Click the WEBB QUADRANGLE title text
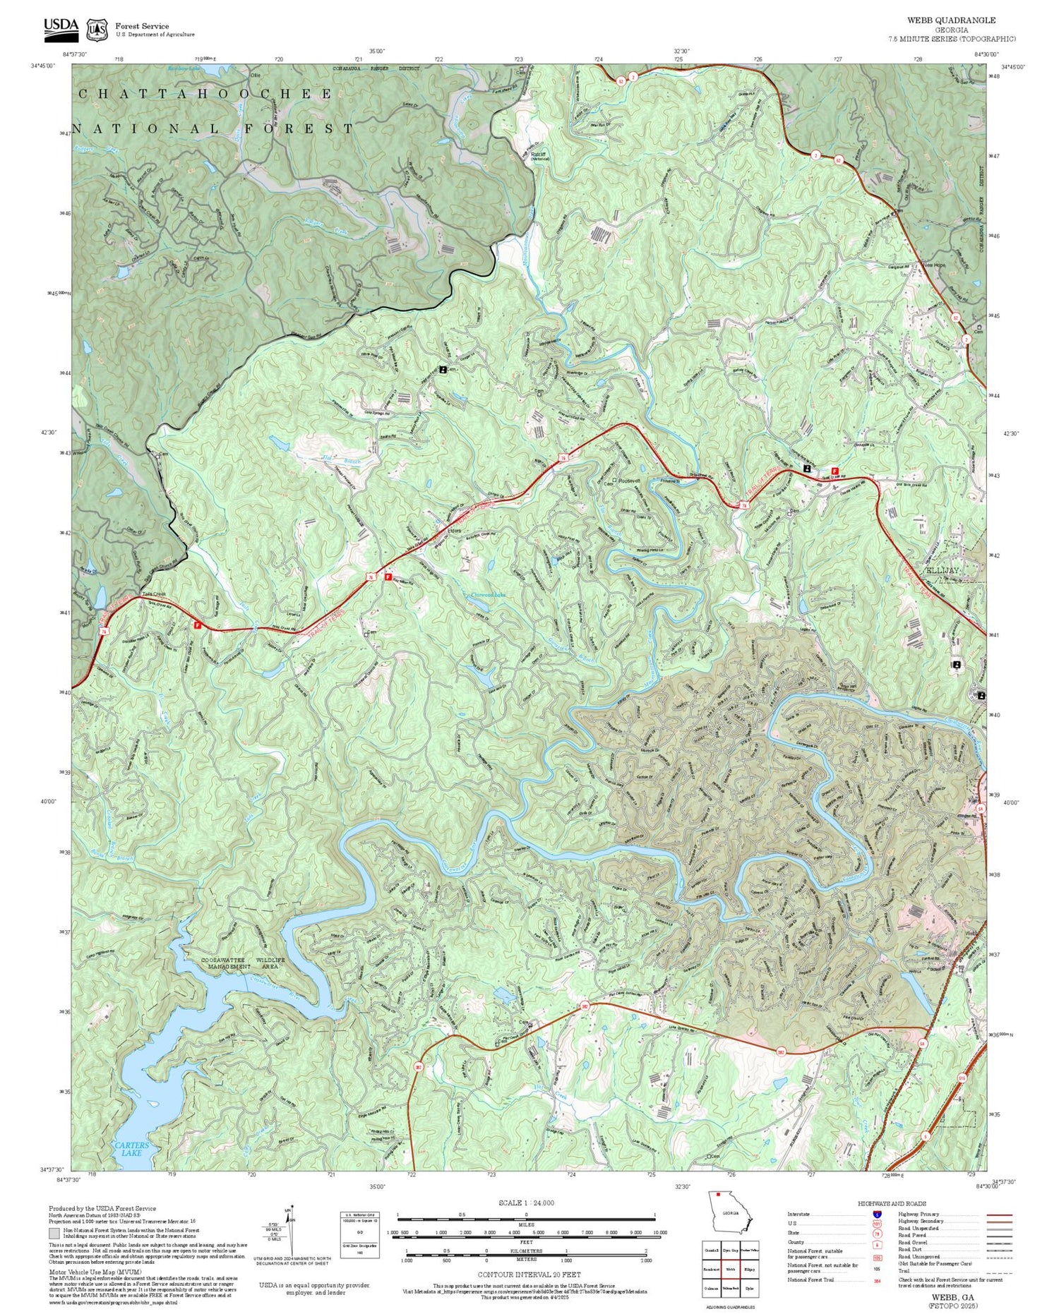951,20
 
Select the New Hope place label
933,266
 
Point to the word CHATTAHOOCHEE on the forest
205,94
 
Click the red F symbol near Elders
388,577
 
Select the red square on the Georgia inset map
719,1195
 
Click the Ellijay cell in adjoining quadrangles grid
750,1269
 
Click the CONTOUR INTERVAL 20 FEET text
529,1274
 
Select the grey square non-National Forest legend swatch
54,1234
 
